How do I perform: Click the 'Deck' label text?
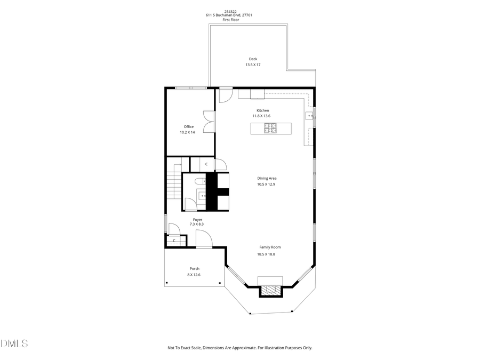(x=253, y=59)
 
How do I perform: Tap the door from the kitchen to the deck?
(x=225, y=94)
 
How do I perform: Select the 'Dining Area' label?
(x=267, y=179)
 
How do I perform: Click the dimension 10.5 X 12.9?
(x=266, y=185)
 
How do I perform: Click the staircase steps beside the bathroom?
(x=173, y=187)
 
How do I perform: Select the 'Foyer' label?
(x=197, y=219)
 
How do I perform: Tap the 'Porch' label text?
(x=194, y=269)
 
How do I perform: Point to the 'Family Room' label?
(x=270, y=247)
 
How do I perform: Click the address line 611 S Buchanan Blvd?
(x=229, y=15)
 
